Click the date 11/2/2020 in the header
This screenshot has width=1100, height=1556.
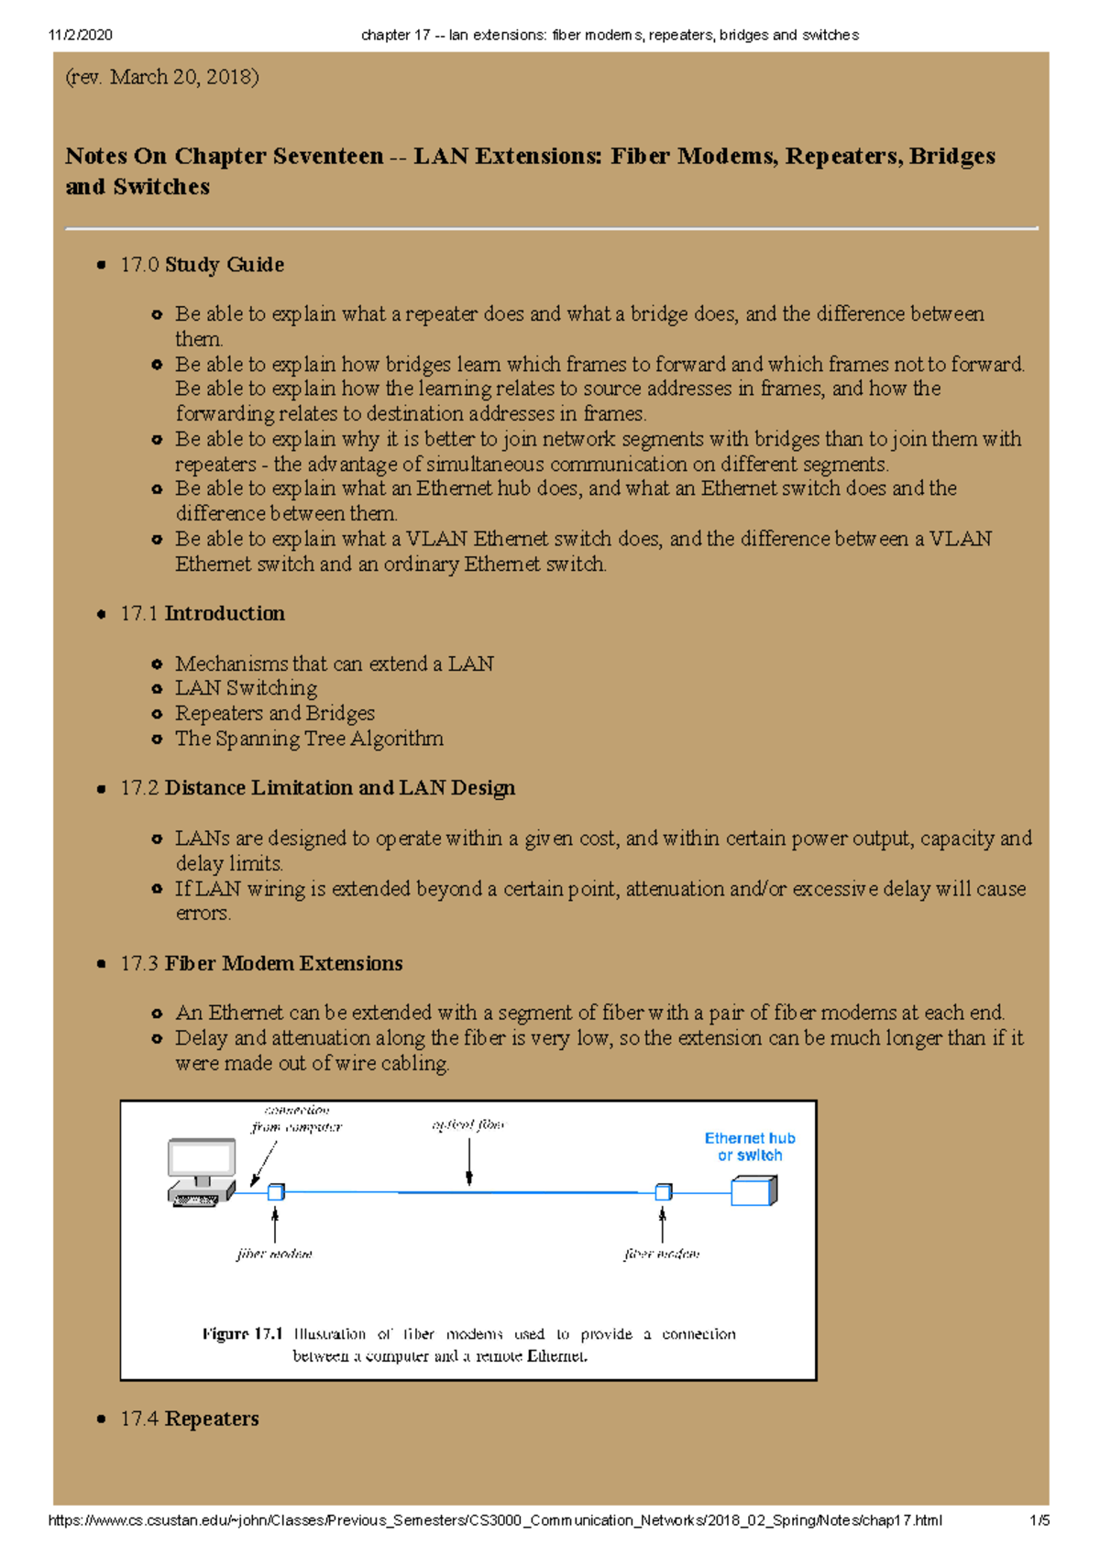[80, 35]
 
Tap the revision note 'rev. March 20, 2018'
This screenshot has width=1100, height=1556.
[162, 77]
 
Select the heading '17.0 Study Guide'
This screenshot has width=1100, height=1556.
[202, 265]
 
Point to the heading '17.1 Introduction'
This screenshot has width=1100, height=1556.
[202, 614]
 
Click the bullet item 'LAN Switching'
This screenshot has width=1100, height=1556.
[246, 688]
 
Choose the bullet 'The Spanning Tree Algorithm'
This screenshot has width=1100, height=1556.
[309, 739]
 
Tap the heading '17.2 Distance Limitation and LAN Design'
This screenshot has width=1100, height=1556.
[317, 788]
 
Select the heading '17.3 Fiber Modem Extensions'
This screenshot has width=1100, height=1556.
[261, 963]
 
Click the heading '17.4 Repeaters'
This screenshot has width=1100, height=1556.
[189, 1419]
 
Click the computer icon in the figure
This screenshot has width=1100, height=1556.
[202, 1173]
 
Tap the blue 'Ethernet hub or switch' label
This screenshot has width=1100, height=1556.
[749, 1146]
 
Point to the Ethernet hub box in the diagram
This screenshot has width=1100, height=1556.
[753, 1191]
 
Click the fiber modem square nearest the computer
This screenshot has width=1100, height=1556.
[275, 1192]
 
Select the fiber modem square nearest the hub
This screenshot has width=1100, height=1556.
[663, 1192]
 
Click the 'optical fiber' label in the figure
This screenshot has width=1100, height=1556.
[467, 1125]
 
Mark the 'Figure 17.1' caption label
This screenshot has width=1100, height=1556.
[242, 1334]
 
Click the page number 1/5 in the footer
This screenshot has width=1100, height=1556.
[1039, 1520]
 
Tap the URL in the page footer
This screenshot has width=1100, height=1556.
[494, 1520]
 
